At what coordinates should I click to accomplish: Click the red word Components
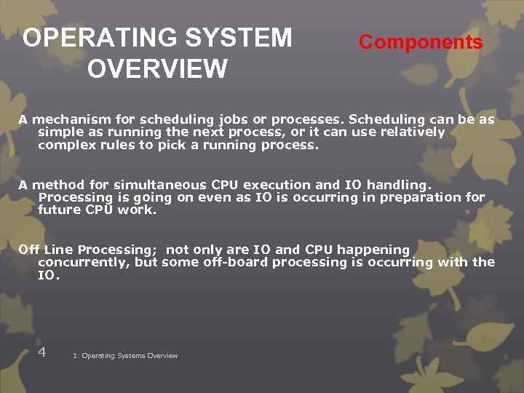[421, 42]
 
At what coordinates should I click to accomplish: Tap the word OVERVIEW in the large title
[157, 69]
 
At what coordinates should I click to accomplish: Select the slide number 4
[42, 352]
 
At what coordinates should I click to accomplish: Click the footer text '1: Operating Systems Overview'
[125, 356]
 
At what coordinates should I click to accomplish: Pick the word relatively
[409, 132]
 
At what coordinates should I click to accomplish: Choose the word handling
[401, 185]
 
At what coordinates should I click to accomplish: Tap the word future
[59, 210]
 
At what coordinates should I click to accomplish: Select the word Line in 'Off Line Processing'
[58, 250]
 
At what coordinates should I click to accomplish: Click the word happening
[374, 250]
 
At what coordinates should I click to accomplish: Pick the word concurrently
[84, 262]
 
